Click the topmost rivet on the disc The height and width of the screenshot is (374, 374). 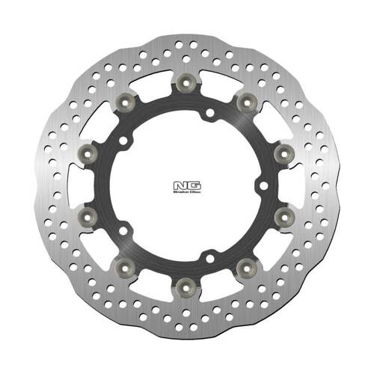tap(185, 82)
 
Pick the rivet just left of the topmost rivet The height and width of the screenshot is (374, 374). tap(126, 101)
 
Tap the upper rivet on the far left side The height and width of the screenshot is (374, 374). tap(90, 151)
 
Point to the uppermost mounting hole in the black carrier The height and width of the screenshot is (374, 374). tap(210, 114)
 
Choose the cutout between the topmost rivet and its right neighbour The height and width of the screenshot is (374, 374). tap(216, 78)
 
